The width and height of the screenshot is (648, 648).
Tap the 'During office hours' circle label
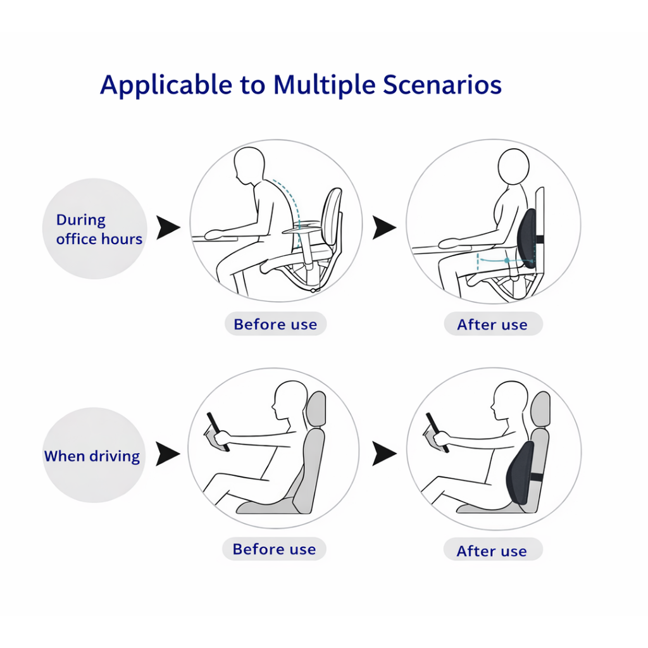(x=95, y=229)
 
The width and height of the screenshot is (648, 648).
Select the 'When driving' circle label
(x=92, y=456)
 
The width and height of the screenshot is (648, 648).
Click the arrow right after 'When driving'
(x=168, y=454)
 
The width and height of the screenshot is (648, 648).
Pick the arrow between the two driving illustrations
(x=384, y=454)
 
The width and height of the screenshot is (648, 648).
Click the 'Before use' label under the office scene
(x=275, y=325)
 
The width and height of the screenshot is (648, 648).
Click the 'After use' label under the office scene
(x=492, y=325)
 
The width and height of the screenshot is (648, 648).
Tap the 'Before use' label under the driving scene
(x=274, y=549)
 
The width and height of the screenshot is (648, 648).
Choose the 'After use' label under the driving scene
(x=492, y=551)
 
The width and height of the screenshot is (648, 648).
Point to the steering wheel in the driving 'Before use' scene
(x=216, y=430)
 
